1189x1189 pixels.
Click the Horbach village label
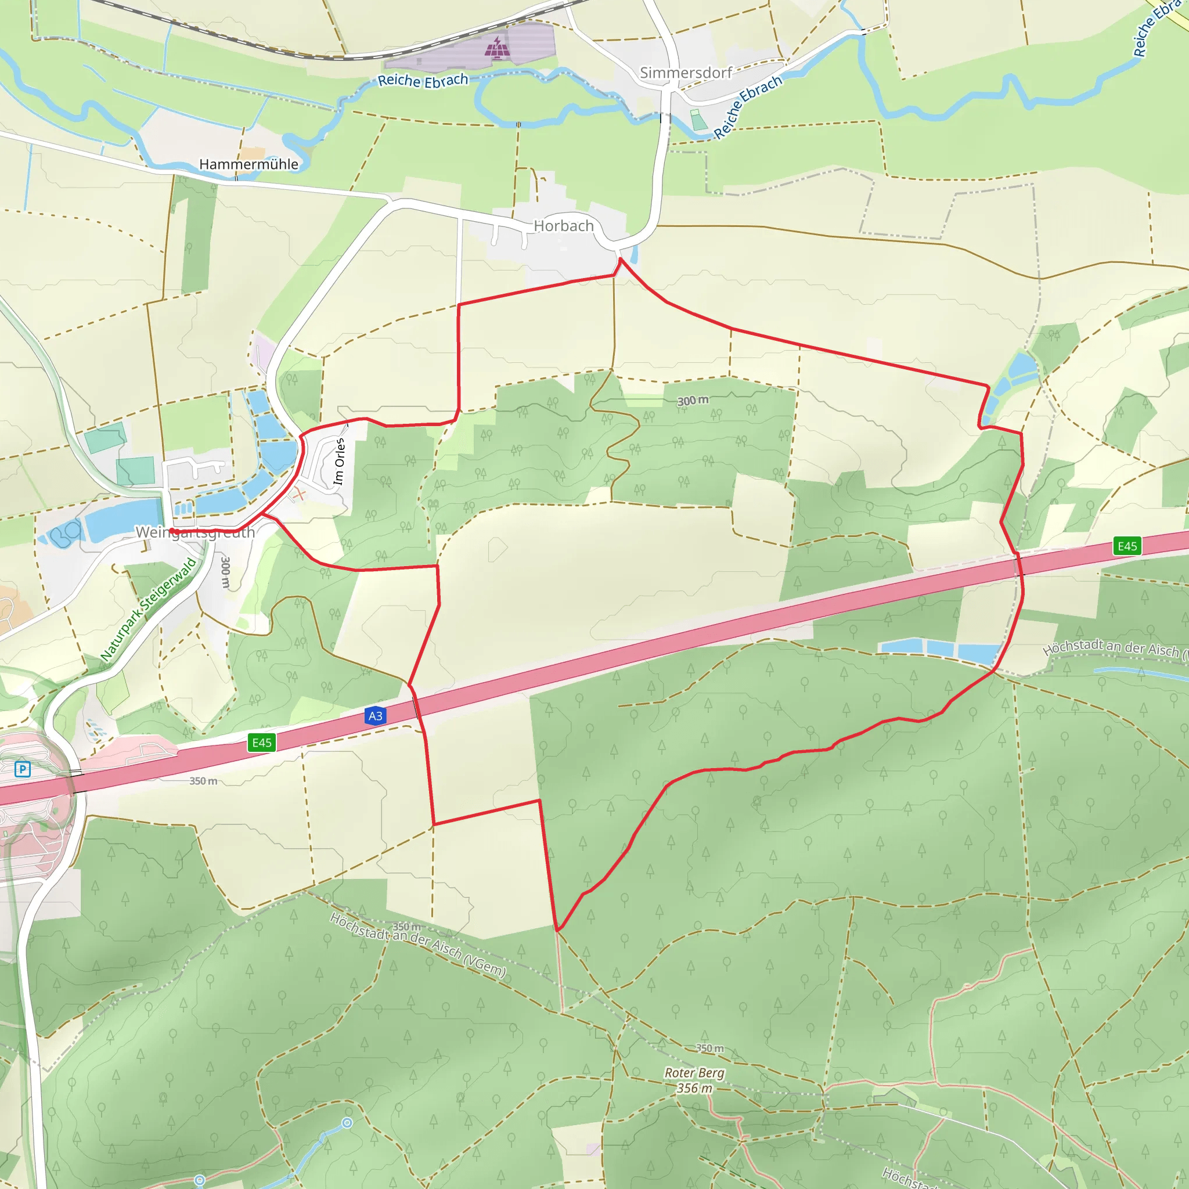click(x=563, y=226)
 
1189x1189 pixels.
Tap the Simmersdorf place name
click(x=686, y=73)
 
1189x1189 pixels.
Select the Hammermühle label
click(x=248, y=164)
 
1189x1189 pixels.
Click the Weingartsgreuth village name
click(x=195, y=532)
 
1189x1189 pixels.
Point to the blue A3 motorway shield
click(x=376, y=716)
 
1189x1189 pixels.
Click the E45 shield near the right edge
click(x=1127, y=546)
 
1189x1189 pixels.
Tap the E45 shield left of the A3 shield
click(x=262, y=742)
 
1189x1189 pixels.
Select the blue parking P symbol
click(x=23, y=769)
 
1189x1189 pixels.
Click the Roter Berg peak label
click(x=694, y=1073)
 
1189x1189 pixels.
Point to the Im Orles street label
click(x=339, y=462)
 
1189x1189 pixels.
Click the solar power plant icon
click(x=496, y=47)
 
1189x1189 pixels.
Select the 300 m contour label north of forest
click(x=693, y=401)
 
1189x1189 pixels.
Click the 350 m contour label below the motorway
click(x=203, y=781)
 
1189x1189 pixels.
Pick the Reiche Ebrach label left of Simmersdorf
click(x=423, y=80)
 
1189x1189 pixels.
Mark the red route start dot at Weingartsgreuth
click(x=173, y=531)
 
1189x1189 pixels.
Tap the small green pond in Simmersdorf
click(x=698, y=120)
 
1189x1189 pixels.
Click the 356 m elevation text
click(x=694, y=1088)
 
